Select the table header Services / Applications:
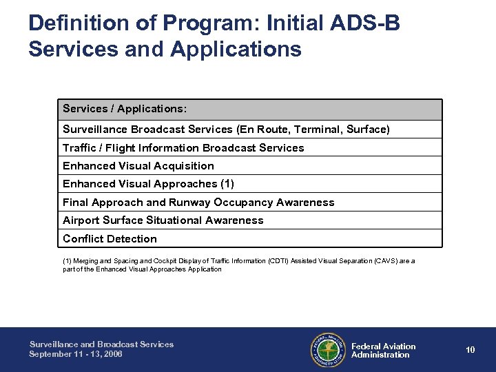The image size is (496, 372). click(x=125, y=109)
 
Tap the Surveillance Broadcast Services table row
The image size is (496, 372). click(x=226, y=130)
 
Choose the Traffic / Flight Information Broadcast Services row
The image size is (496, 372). click(x=183, y=147)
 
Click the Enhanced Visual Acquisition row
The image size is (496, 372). click(x=138, y=166)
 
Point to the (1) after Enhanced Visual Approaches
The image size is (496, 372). click(x=226, y=184)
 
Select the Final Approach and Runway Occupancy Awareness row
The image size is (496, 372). click(x=198, y=203)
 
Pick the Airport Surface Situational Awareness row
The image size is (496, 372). click(x=163, y=220)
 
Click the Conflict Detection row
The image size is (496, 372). click(x=110, y=239)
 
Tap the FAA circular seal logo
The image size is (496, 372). click(x=329, y=350)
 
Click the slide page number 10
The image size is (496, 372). click(x=470, y=350)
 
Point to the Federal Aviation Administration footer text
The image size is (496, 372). click(x=383, y=351)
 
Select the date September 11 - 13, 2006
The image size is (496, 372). click(x=76, y=354)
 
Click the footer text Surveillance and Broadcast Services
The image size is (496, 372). click(x=101, y=344)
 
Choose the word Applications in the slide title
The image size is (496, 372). click(x=238, y=50)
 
